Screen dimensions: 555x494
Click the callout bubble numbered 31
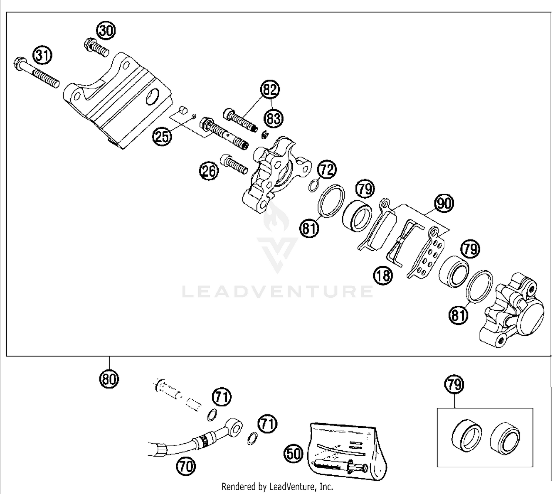click(x=43, y=56)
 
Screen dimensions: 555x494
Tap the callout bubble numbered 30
click(x=106, y=31)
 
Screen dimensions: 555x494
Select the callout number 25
click(x=162, y=136)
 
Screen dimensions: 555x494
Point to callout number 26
click(x=209, y=171)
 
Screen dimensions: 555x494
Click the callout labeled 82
click(x=270, y=90)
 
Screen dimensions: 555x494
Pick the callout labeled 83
click(x=274, y=119)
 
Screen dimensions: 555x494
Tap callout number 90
click(x=444, y=204)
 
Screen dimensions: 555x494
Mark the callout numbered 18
click(x=383, y=276)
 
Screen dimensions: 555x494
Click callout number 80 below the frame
click(x=109, y=379)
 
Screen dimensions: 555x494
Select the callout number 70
click(x=186, y=466)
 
